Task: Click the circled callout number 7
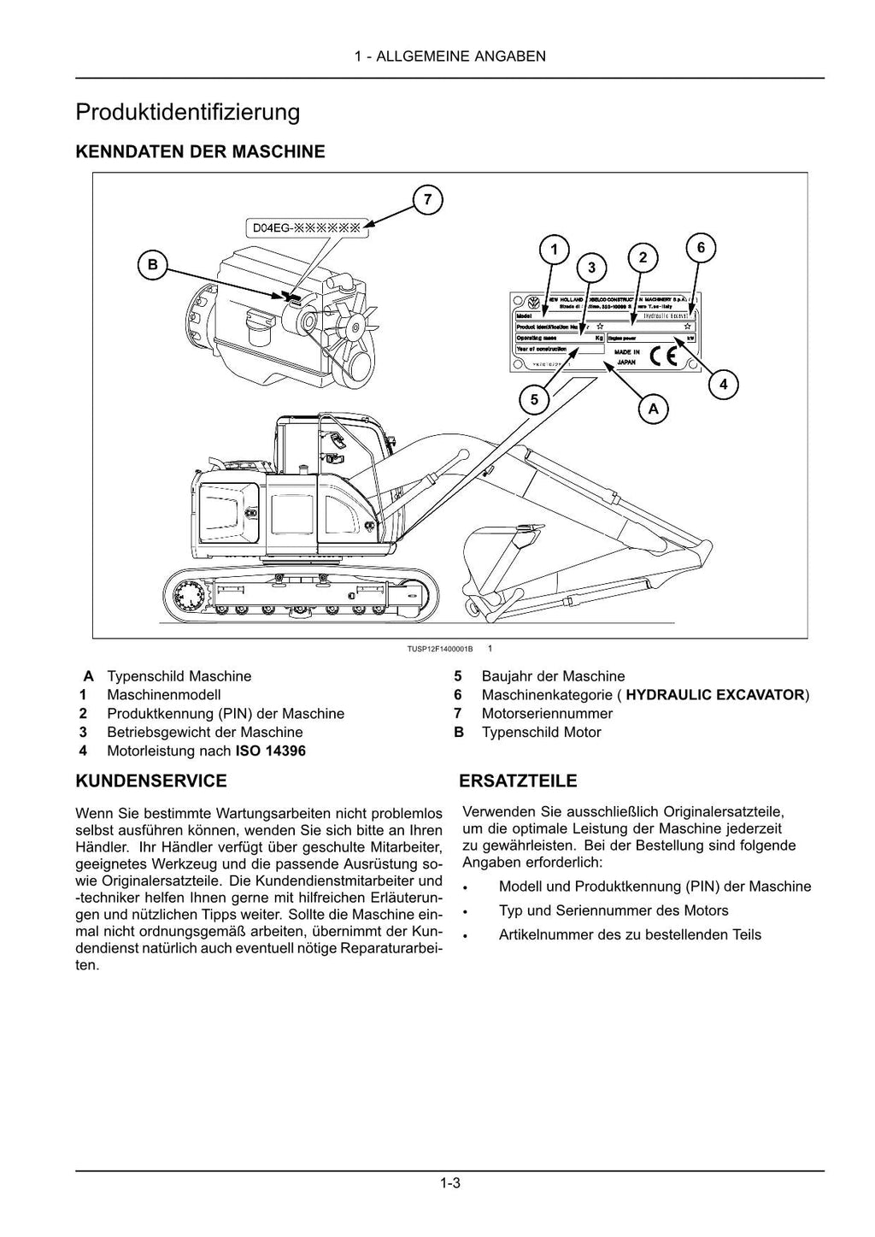click(428, 200)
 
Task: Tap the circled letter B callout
click(153, 264)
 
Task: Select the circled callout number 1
click(554, 250)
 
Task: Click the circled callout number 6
click(701, 248)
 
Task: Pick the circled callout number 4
click(723, 385)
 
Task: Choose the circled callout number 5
click(534, 399)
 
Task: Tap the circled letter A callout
click(654, 409)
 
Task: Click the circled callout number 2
click(643, 257)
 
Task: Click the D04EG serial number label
click(304, 228)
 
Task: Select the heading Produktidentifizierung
click(188, 112)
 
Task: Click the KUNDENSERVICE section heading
click(151, 780)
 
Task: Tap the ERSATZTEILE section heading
click(518, 780)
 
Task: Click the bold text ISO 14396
click(270, 751)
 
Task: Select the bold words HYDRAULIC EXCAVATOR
click(715, 695)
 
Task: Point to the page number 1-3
click(450, 1183)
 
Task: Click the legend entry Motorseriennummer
click(547, 713)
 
